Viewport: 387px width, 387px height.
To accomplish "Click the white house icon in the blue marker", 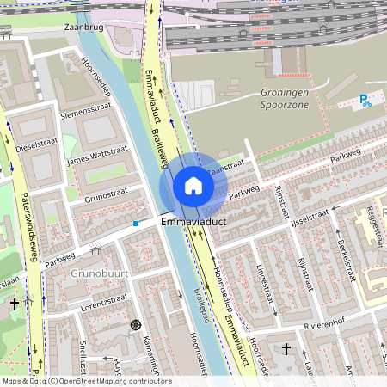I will [193, 186].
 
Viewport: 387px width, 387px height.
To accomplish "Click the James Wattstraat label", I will [96, 159].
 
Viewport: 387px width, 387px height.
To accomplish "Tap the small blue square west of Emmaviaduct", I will [135, 224].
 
